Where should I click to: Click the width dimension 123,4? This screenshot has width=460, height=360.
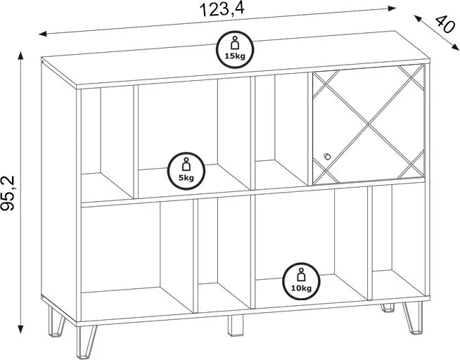(x=222, y=10)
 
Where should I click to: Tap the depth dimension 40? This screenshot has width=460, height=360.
(x=443, y=25)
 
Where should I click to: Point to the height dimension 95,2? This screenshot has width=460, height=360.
(x=8, y=193)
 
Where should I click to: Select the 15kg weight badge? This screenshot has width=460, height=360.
(x=235, y=49)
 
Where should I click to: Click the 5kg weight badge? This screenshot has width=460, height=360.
(x=186, y=171)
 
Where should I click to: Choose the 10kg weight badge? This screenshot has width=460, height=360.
(x=301, y=281)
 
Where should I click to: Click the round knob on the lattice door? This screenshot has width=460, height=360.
(x=326, y=156)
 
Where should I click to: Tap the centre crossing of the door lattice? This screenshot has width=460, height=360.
(x=368, y=124)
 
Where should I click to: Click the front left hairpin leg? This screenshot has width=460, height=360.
(x=86, y=342)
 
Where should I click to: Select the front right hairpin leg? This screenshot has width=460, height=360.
(x=413, y=318)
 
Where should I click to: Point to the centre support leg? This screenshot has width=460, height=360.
(x=236, y=326)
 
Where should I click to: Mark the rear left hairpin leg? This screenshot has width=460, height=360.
(x=56, y=322)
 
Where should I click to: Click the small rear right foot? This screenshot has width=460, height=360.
(x=388, y=308)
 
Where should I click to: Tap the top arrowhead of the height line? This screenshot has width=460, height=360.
(x=20, y=55)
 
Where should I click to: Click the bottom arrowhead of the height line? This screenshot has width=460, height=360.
(x=20, y=329)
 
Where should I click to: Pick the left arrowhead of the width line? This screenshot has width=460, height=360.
(x=43, y=34)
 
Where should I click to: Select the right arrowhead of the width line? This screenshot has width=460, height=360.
(x=392, y=8)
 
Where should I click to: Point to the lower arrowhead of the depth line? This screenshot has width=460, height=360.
(x=455, y=47)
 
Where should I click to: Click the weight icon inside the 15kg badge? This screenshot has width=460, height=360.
(x=235, y=44)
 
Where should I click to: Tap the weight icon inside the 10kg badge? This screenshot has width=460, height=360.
(x=301, y=275)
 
